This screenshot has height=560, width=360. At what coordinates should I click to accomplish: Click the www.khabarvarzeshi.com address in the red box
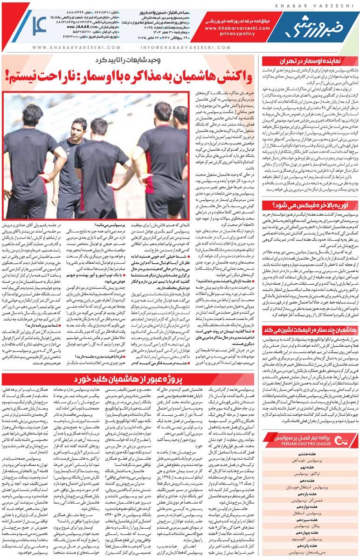point(232,28)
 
